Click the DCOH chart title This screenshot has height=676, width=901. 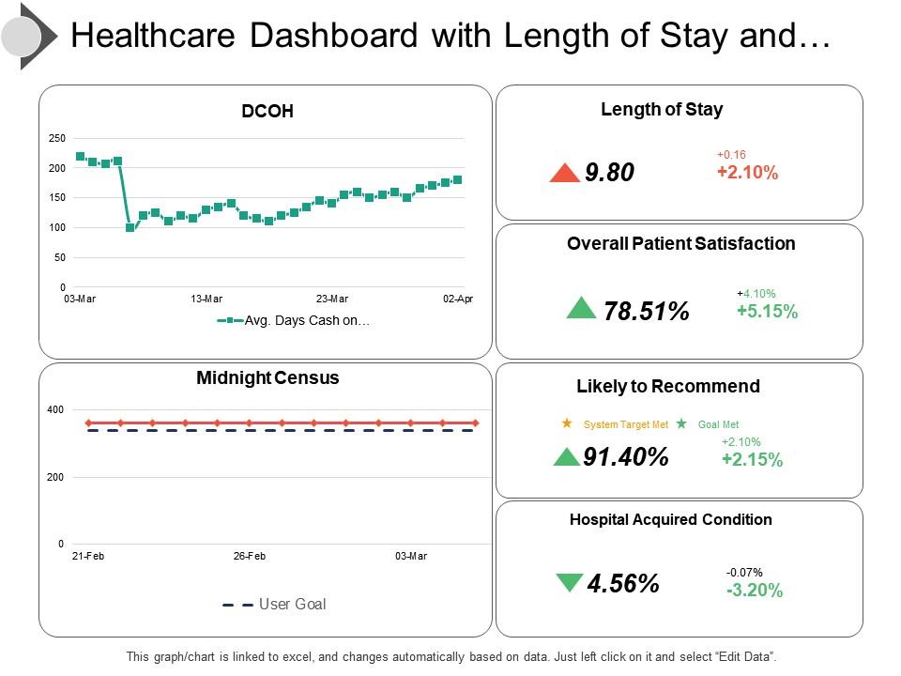click(x=267, y=111)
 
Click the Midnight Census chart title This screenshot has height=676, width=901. click(x=267, y=378)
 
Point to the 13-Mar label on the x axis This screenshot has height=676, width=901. click(x=206, y=299)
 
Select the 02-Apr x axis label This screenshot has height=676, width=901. click(x=459, y=299)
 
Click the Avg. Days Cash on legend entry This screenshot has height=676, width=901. click(x=306, y=321)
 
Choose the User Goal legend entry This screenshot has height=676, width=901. click(x=292, y=604)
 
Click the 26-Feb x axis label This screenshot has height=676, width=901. click(x=250, y=556)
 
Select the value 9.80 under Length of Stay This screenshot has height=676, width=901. click(x=609, y=173)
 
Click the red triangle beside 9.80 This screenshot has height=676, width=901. click(x=565, y=173)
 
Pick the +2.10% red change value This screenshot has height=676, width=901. click(x=747, y=173)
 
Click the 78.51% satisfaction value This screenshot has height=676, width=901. click(x=647, y=312)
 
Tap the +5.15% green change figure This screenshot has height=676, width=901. click(x=767, y=312)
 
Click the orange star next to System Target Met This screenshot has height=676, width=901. click(x=567, y=423)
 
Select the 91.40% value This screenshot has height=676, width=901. click(x=626, y=457)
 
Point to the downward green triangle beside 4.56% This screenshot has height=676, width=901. click(x=569, y=583)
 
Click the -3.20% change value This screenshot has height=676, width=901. click(x=754, y=591)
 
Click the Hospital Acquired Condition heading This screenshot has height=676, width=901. click(x=671, y=519)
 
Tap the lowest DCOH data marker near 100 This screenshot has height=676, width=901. click(x=130, y=227)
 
